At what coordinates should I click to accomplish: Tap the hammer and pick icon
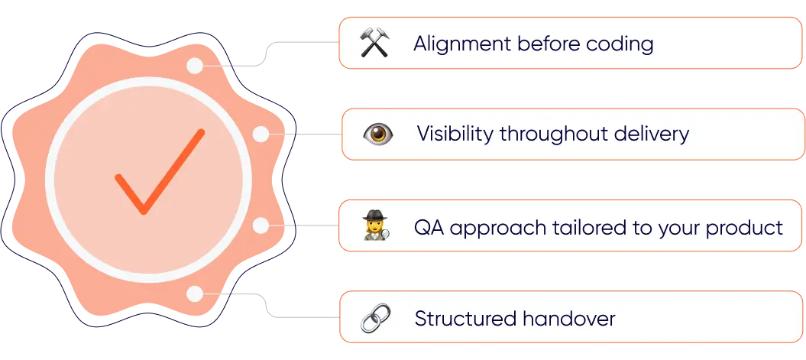tap(375, 44)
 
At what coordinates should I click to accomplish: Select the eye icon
tap(377, 135)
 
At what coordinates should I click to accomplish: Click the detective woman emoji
tap(377, 226)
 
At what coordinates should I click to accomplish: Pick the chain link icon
tap(375, 317)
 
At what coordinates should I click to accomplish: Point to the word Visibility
tap(455, 135)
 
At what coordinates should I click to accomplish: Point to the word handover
tap(568, 318)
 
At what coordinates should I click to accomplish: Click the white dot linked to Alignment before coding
tap(196, 66)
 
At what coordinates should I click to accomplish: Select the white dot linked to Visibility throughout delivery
tap(261, 135)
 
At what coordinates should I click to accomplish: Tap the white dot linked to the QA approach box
tap(260, 225)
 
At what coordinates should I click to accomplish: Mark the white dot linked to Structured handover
tap(196, 294)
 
